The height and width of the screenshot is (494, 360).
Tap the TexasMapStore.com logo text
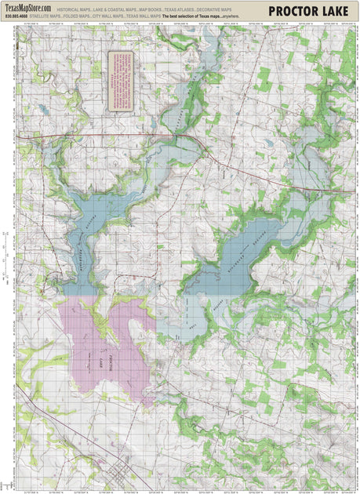click(28, 8)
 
